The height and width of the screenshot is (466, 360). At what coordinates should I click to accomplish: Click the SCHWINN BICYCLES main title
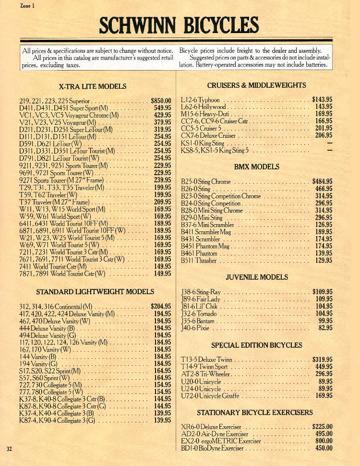179,25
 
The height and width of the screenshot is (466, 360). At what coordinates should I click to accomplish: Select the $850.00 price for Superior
161,101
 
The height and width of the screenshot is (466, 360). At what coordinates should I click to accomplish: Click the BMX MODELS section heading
256,167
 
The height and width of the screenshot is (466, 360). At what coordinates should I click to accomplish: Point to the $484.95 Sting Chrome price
322,181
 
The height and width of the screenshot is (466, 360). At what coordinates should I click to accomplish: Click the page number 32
10,449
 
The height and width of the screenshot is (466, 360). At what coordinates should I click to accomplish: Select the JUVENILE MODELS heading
257,277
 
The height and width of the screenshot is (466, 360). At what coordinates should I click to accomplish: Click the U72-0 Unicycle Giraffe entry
208,396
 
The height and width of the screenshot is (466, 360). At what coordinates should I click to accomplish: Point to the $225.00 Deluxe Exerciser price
322,427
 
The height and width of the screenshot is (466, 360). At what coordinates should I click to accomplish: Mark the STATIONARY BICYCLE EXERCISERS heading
254,412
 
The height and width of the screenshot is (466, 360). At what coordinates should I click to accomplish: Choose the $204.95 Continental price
161,306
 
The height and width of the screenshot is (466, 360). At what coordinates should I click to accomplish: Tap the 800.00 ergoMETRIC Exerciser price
324,441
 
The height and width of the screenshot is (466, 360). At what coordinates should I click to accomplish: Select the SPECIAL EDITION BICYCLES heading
257,345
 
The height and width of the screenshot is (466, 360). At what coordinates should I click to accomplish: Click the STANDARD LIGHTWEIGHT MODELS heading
95,291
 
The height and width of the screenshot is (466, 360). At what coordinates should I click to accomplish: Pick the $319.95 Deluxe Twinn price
322,359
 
